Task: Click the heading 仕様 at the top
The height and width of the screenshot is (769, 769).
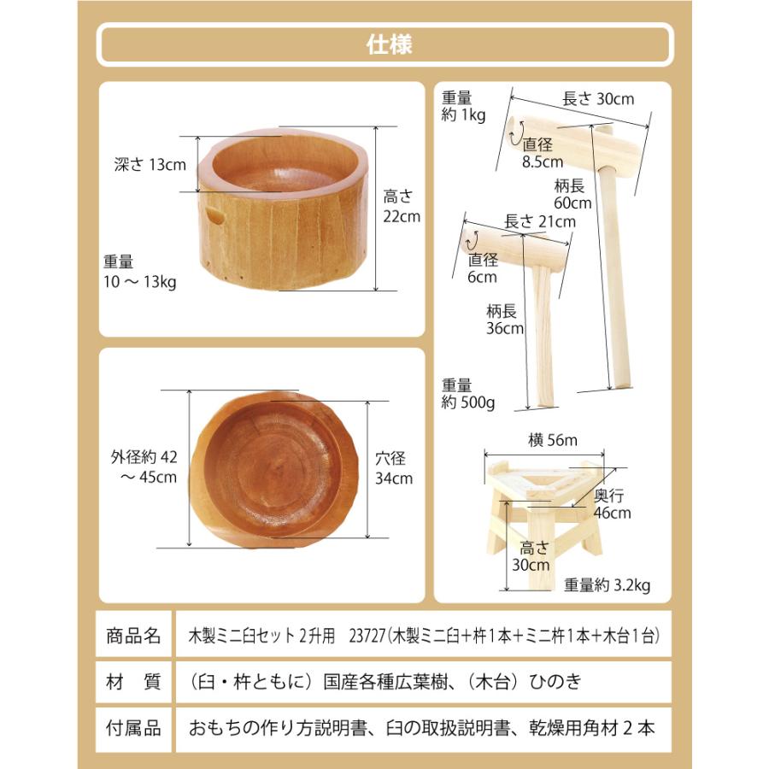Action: (384, 44)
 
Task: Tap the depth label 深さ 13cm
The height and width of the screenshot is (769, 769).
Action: (150, 165)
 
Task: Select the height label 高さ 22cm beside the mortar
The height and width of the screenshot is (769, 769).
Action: (401, 206)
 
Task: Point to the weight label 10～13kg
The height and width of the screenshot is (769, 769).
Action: (138, 272)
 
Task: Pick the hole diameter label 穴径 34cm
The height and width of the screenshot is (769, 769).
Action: (394, 467)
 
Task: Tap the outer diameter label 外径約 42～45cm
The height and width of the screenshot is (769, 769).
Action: (144, 467)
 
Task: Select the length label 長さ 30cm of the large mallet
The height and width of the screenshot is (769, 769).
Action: (598, 98)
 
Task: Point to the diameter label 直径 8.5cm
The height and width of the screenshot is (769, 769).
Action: (543, 151)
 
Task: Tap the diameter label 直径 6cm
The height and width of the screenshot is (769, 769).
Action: (483, 267)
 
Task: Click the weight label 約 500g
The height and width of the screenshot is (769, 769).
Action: (468, 394)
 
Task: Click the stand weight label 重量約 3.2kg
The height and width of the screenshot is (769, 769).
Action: (608, 585)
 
